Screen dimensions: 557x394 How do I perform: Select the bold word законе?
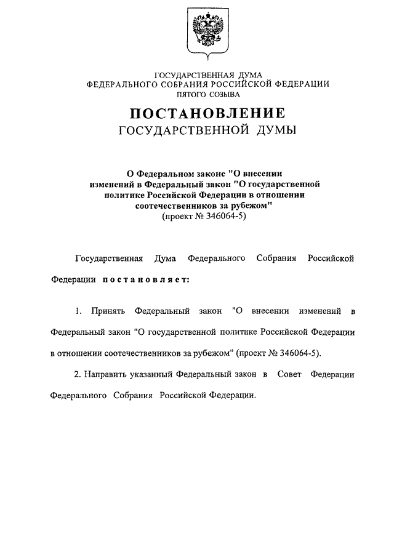(x=204, y=174)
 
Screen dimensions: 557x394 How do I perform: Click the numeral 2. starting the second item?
(x=78, y=374)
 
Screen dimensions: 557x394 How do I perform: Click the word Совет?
(x=289, y=374)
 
